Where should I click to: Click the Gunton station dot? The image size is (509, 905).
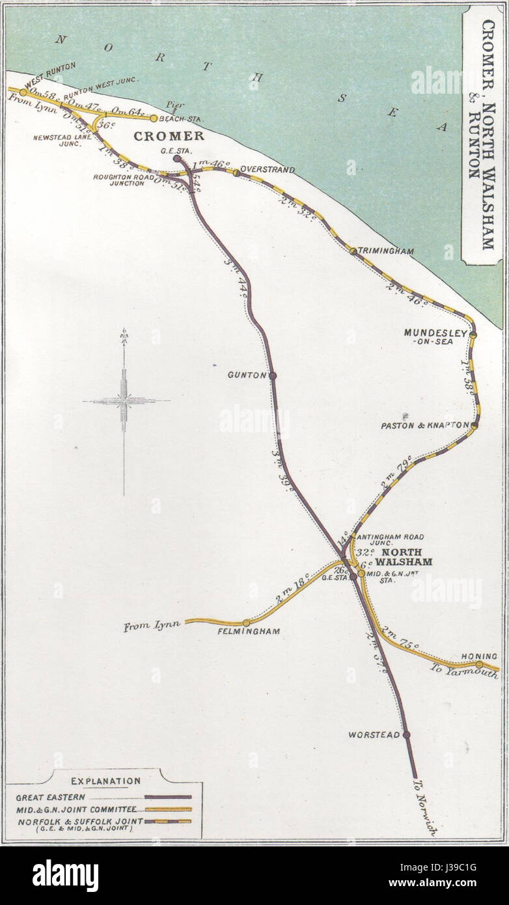click(273, 375)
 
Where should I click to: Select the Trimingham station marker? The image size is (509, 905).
click(353, 251)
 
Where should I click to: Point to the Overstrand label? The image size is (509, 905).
click(268, 170)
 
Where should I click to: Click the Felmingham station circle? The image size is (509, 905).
click(246, 623)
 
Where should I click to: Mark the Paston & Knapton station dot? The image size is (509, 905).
click(474, 426)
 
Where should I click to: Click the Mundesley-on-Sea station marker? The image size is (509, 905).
click(473, 335)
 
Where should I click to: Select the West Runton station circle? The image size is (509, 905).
click(23, 92)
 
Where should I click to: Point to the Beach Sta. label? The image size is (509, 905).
click(177, 119)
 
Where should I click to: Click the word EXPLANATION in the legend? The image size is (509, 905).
click(105, 781)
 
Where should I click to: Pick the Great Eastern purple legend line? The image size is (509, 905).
click(168, 796)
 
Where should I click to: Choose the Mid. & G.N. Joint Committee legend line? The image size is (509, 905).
click(168, 809)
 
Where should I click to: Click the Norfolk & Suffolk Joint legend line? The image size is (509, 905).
click(168, 821)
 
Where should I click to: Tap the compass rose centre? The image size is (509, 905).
click(124, 401)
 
